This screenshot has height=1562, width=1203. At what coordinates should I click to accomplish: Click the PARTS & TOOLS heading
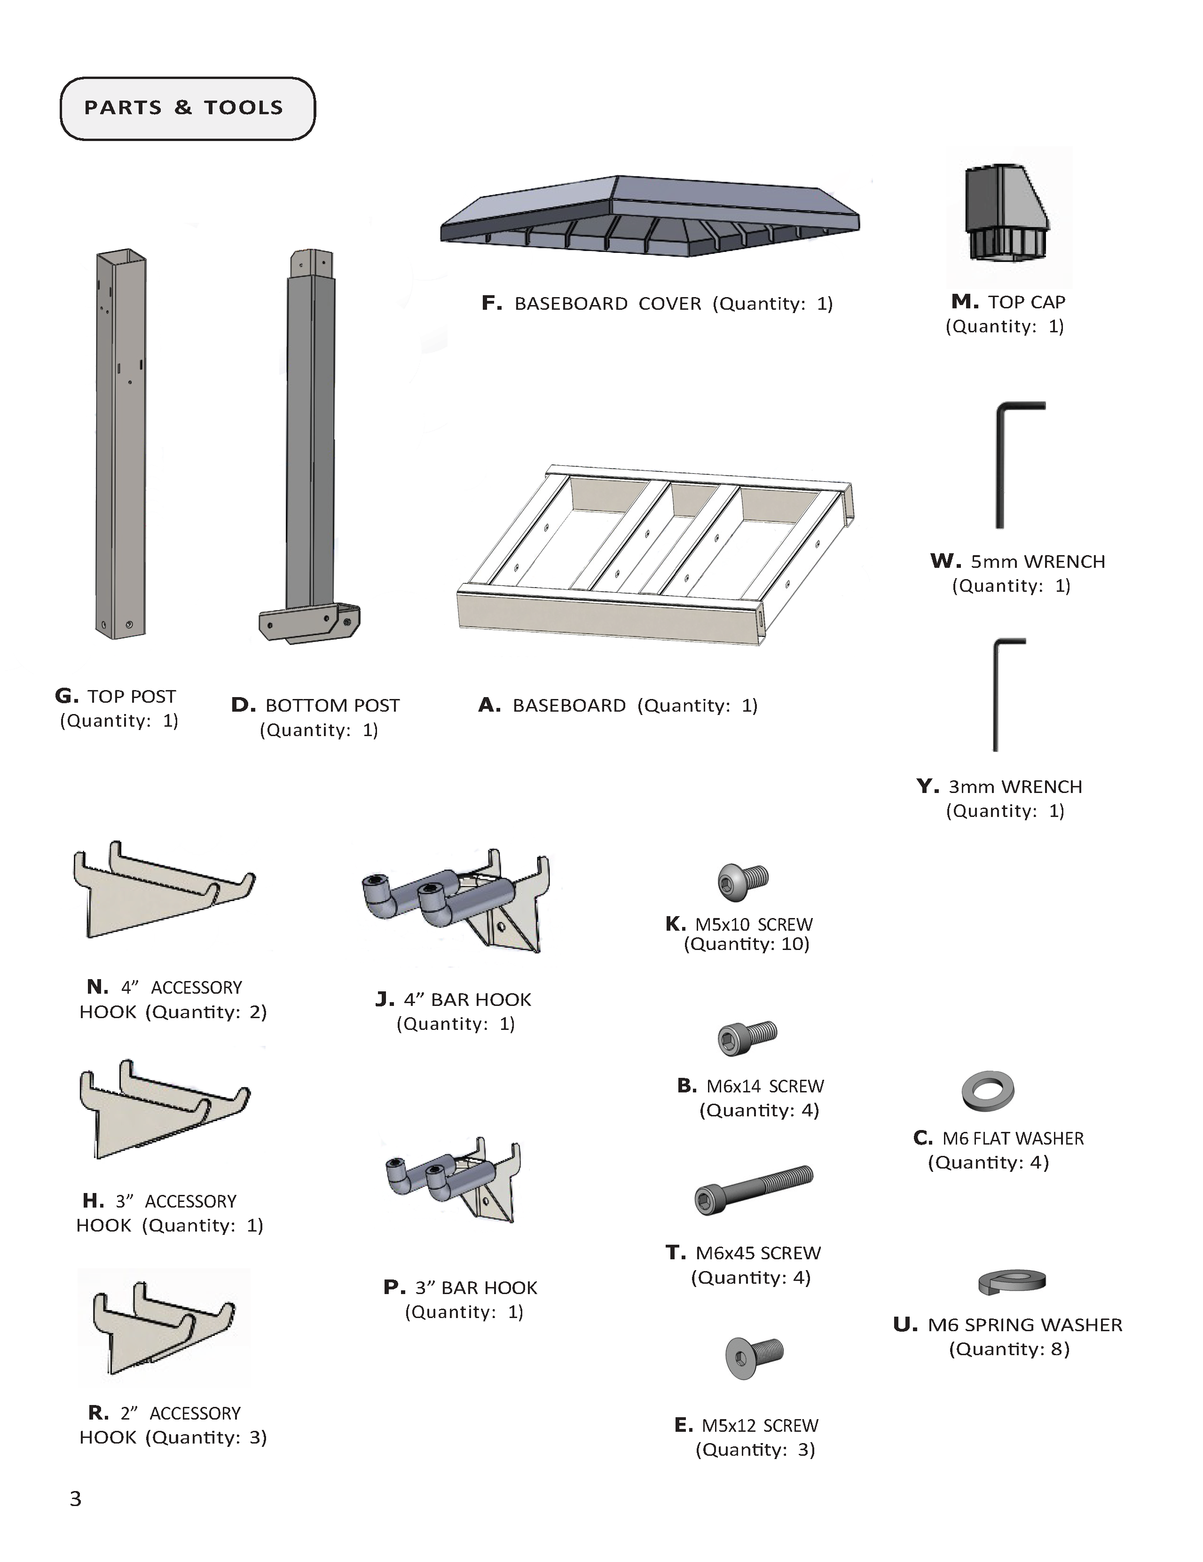click(x=184, y=108)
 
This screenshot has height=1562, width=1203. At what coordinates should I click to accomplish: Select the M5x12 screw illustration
click(x=755, y=1356)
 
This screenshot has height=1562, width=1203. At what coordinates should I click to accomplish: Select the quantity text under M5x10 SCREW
click(x=747, y=944)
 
